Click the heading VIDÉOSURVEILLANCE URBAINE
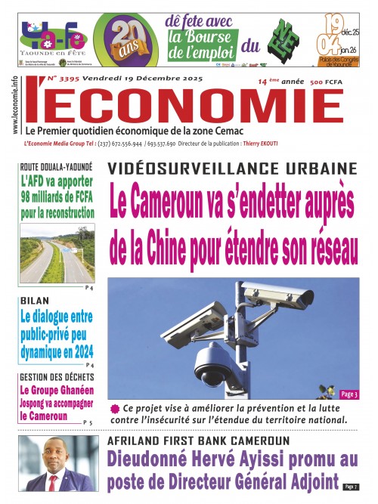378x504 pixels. pyautogui.click(x=231, y=168)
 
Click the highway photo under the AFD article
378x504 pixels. pyautogui.click(x=57, y=257)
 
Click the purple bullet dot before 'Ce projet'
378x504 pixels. pyautogui.click(x=115, y=408)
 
